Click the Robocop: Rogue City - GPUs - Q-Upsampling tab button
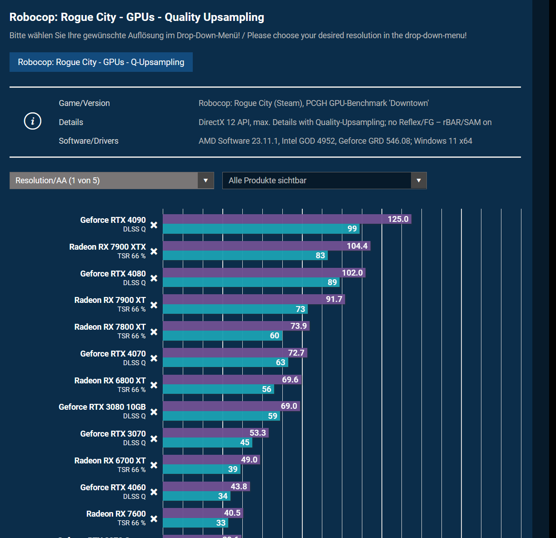click(101, 62)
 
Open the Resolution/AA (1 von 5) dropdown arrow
click(205, 181)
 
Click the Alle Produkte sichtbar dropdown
click(324, 181)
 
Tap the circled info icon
click(33, 121)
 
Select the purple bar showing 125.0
click(273, 219)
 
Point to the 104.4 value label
click(357, 246)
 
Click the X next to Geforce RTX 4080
click(154, 278)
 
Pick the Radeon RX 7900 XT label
click(110, 300)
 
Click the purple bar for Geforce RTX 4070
click(227, 353)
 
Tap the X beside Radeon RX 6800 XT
click(154, 385)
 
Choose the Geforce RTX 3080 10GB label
click(102, 407)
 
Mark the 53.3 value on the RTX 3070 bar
click(258, 433)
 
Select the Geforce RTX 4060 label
click(113, 488)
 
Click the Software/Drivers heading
click(89, 141)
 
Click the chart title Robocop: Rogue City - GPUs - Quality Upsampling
click(137, 17)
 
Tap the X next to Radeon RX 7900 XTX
click(154, 251)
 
